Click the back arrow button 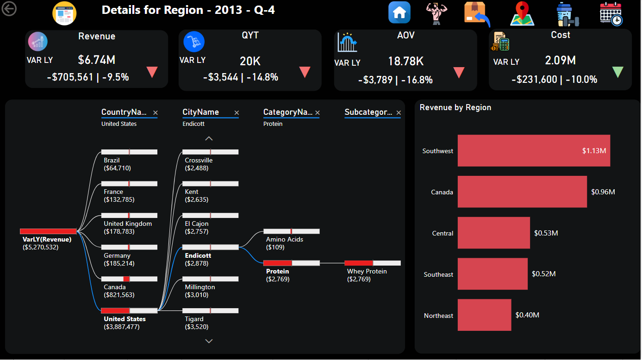[9, 8]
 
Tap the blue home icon [399, 12]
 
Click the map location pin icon [522, 13]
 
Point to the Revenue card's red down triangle [152, 72]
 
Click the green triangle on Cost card [617, 72]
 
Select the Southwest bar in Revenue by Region [533, 151]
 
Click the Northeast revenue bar [484, 315]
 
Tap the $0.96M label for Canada [603, 192]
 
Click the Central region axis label [443, 233]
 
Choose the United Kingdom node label [128, 223]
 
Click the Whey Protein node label [367, 271]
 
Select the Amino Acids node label [285, 239]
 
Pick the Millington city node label [200, 287]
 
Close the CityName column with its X [237, 112]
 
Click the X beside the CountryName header [156, 112]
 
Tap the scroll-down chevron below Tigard [209, 341]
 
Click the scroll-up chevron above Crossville [209, 138]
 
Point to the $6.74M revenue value [96, 59]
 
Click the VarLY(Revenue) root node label [47, 239]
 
